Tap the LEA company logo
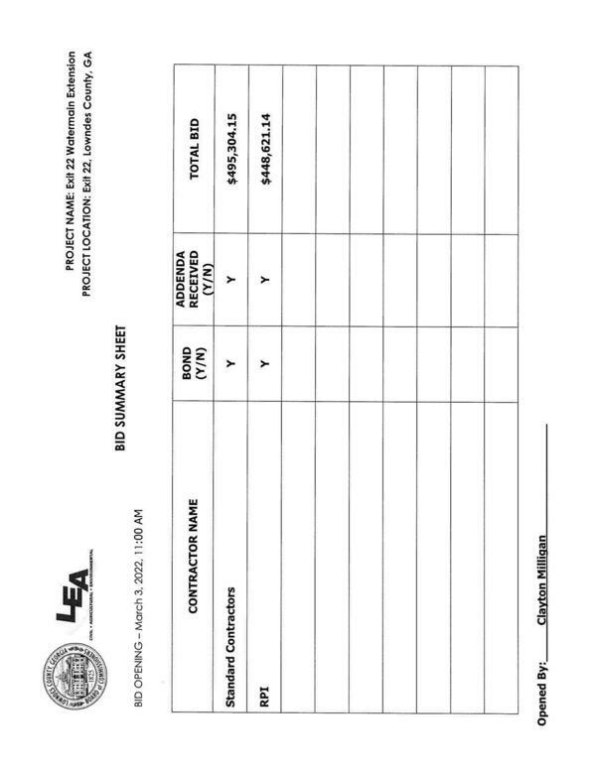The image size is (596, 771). point(74,584)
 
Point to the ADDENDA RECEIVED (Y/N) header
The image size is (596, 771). point(193,279)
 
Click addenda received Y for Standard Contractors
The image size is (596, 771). point(229,279)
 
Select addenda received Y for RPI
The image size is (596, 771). point(262,279)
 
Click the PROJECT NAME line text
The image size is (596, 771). point(72,161)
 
